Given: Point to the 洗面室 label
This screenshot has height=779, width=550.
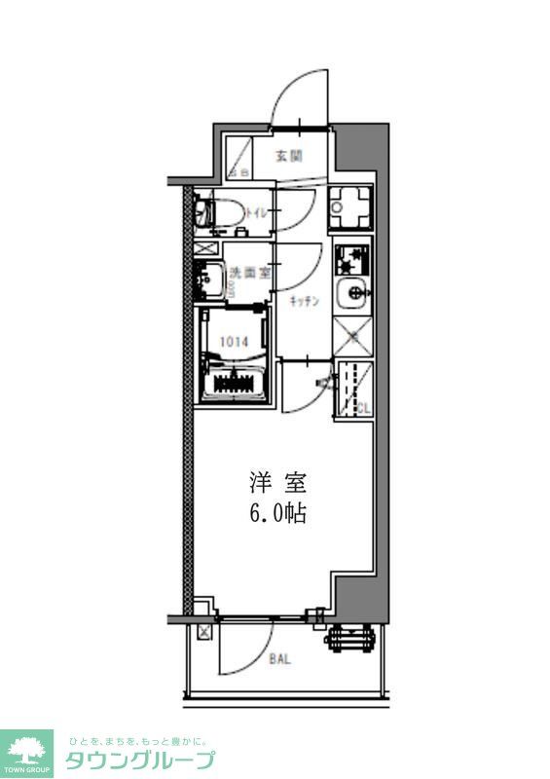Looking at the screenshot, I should (x=243, y=274).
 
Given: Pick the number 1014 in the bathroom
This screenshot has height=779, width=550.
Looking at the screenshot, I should (x=233, y=341).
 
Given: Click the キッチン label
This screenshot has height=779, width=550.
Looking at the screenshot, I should (x=305, y=302).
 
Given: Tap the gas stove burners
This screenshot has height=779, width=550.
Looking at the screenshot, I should (x=350, y=260).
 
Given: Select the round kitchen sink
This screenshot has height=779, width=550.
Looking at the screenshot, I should (x=351, y=292).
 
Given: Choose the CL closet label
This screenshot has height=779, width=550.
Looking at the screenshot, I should (x=361, y=406).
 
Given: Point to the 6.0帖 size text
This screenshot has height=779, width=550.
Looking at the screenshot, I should (x=277, y=514).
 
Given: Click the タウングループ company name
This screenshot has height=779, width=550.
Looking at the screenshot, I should (x=140, y=760).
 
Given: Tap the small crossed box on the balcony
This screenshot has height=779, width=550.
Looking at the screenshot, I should (x=203, y=633).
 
